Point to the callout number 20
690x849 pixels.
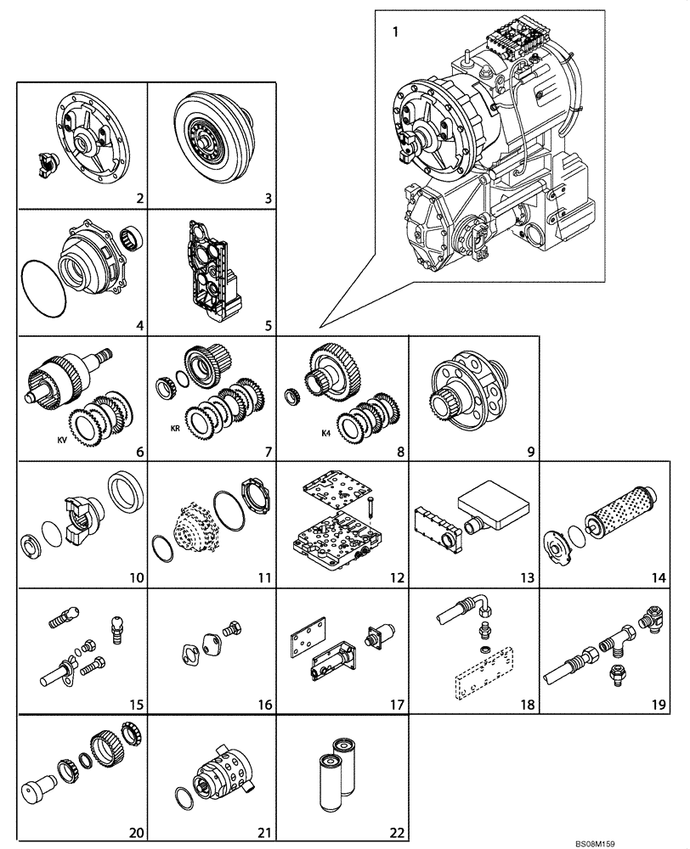(x=134, y=833)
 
